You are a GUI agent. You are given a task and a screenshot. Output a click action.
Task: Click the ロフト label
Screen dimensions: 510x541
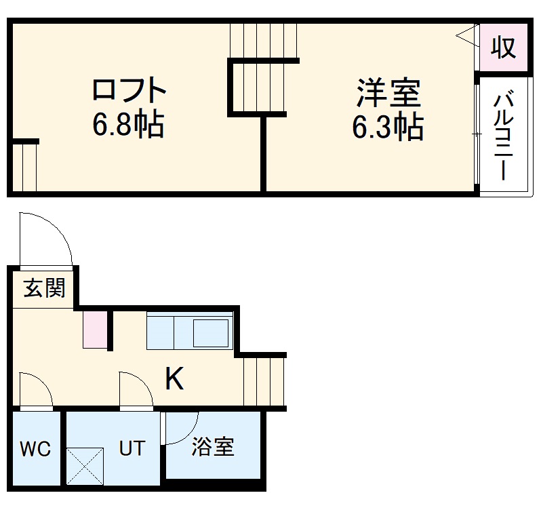[x=129, y=90]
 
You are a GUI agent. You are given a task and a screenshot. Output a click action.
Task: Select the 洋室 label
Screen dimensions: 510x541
[x=389, y=93]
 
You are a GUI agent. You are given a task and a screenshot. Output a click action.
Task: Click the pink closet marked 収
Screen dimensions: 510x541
[x=503, y=48]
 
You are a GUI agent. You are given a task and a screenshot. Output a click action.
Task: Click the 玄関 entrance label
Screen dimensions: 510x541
[x=45, y=288]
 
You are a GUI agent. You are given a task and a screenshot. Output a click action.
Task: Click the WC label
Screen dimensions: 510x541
[x=35, y=449]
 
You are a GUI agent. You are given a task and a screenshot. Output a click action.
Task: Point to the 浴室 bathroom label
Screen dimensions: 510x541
[x=212, y=448]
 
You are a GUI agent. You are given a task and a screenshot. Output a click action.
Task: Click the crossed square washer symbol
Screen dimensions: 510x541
[x=85, y=467]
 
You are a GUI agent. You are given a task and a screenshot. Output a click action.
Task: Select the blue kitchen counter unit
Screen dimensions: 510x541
[x=190, y=331]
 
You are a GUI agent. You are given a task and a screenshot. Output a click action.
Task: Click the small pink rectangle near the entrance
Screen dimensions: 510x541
[x=96, y=330]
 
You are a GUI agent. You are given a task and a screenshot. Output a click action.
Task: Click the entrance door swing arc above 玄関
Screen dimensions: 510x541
[x=46, y=239]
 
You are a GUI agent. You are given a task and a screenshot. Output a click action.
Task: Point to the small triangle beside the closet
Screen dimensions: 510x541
[x=466, y=34]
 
